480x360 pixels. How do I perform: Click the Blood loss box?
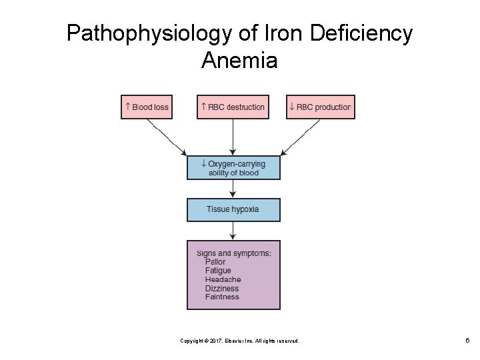click(x=147, y=107)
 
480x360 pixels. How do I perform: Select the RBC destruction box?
click(x=233, y=107)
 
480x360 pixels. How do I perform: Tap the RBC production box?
click(x=320, y=107)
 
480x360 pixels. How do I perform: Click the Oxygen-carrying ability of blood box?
click(x=233, y=168)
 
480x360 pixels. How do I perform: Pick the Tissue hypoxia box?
click(x=233, y=209)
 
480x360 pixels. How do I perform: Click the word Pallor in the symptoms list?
click(x=215, y=262)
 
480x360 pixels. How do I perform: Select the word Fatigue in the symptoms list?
click(x=218, y=271)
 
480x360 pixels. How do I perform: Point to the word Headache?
click(x=223, y=280)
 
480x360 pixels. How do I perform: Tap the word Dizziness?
click(x=222, y=289)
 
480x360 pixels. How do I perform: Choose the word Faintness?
click(x=222, y=297)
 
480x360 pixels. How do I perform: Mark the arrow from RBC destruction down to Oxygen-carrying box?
click(x=233, y=137)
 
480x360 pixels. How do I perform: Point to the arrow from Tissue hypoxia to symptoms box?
click(x=233, y=231)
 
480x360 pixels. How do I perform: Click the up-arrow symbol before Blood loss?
click(x=127, y=106)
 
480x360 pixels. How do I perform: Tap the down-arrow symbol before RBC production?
click(x=291, y=106)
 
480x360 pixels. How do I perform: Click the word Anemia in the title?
click(x=239, y=61)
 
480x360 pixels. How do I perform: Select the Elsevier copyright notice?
click(x=240, y=341)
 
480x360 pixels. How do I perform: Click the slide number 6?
click(x=467, y=340)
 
